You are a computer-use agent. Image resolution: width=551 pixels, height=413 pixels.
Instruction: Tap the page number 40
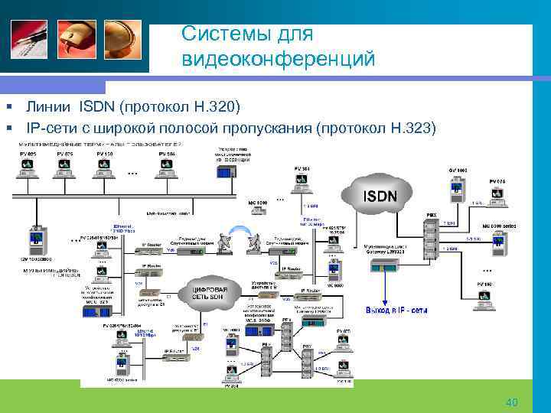click(x=512, y=402)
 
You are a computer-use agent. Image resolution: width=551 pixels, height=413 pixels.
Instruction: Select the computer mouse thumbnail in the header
click(x=76, y=41)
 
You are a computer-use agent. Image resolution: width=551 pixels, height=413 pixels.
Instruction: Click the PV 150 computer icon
click(x=106, y=170)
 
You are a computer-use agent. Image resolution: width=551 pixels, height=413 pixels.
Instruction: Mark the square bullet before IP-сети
click(x=7, y=126)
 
